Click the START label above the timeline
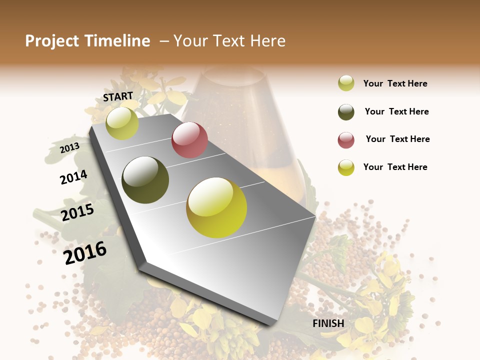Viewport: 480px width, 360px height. [118, 96]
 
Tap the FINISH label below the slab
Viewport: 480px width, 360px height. [328, 323]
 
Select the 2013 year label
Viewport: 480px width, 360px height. [69, 148]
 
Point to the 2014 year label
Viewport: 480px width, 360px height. [73, 177]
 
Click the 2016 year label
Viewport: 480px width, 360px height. [85, 253]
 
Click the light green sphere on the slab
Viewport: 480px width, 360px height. [122, 123]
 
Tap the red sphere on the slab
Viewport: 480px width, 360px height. [189, 140]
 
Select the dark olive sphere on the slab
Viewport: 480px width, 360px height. [145, 180]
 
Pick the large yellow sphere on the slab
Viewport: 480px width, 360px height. [216, 207]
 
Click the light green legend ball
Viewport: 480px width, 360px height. [346, 83]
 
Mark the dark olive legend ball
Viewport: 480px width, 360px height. [346, 111]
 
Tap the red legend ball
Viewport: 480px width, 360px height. [346, 140]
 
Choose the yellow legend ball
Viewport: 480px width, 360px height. [346, 167]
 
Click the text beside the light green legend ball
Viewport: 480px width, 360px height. [395, 83]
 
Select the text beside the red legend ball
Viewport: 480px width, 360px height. [397, 139]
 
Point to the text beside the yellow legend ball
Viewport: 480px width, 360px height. [395, 167]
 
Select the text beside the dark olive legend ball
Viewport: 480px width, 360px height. [396, 111]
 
